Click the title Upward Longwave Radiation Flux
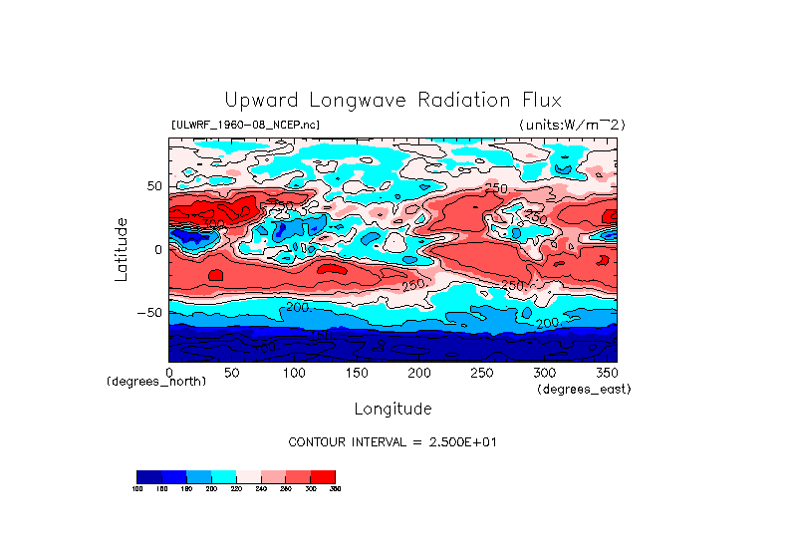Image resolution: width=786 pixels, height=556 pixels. (393, 101)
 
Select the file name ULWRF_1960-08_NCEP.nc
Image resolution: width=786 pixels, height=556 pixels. (246, 125)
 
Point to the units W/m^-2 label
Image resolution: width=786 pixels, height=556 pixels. (572, 125)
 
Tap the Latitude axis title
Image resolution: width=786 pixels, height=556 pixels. (121, 249)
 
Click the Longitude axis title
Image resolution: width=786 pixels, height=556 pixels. (393, 409)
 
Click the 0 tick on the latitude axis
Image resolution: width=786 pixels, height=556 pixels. (157, 249)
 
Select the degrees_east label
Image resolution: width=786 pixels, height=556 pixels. (584, 389)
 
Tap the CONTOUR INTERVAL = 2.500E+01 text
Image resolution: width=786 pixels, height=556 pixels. (393, 441)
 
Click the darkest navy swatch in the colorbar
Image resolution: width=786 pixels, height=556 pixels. (148, 476)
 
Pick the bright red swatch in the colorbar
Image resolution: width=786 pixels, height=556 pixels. (323, 476)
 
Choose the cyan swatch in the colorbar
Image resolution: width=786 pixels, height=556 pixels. (223, 476)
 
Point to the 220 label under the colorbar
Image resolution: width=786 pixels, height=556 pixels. (236, 489)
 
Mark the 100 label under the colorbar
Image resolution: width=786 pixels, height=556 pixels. (137, 489)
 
